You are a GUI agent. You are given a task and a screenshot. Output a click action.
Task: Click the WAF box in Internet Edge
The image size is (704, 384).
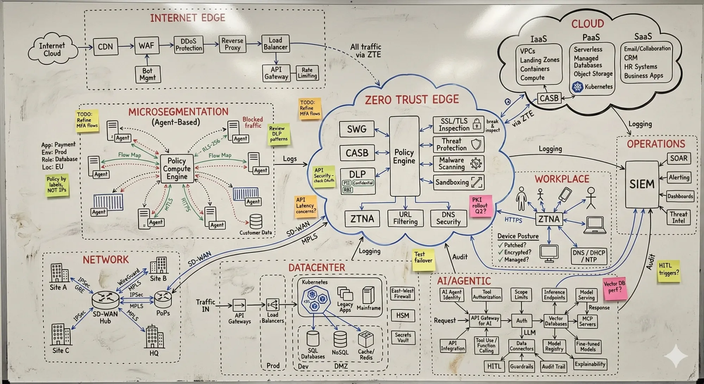(146, 46)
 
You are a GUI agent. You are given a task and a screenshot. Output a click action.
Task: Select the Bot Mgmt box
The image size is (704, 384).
(147, 74)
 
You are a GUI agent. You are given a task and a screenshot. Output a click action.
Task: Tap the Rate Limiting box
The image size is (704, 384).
(307, 73)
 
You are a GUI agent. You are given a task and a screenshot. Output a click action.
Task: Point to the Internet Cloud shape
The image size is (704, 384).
(52, 50)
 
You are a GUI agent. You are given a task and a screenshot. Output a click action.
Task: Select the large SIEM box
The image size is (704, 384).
(642, 184)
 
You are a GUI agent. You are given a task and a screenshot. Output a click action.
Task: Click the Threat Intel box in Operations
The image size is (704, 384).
(678, 217)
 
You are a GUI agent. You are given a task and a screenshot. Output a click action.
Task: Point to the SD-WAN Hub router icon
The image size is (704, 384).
(105, 300)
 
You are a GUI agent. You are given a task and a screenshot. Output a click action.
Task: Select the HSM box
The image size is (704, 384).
(403, 316)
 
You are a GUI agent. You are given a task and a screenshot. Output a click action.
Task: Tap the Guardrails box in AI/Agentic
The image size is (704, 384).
(521, 366)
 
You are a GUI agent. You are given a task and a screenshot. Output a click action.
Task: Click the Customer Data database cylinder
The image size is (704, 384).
(256, 222)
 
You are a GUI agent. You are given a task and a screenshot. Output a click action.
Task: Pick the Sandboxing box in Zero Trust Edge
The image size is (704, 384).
(458, 182)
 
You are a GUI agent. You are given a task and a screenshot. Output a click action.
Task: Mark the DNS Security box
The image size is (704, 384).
(448, 218)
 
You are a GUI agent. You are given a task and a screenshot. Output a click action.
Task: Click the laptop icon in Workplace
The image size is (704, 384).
(595, 225)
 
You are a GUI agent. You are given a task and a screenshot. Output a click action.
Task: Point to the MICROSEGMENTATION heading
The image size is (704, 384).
(178, 112)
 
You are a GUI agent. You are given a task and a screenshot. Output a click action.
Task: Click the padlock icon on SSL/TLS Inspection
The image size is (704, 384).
(477, 124)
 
